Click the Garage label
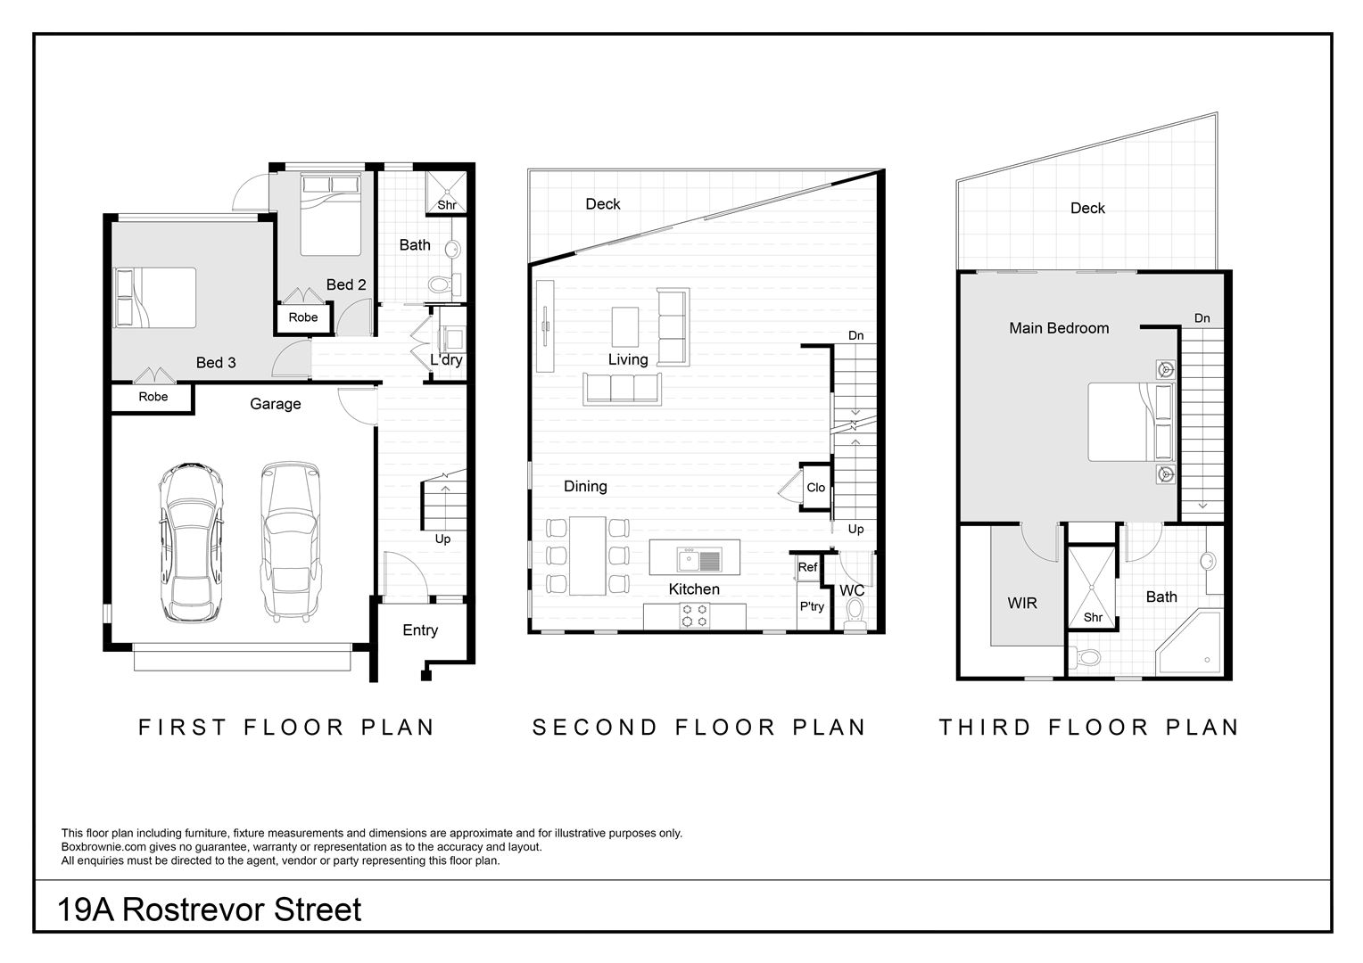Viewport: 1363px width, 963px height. [x=275, y=404]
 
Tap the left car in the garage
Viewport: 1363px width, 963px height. [x=191, y=542]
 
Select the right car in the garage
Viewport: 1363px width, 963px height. [x=290, y=541]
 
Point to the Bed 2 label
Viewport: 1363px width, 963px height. [x=345, y=284]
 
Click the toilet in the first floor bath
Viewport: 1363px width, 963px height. [x=444, y=284]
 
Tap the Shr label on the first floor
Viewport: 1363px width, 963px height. [x=447, y=205]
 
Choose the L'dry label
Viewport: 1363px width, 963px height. [x=446, y=360]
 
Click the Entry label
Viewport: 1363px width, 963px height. [x=420, y=630]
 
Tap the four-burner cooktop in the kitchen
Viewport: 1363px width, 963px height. [x=694, y=615]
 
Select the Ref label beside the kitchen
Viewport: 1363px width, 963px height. [x=807, y=567]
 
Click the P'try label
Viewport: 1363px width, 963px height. [x=812, y=606]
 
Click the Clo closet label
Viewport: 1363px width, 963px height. [x=815, y=487]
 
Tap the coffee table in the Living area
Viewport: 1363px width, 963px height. [x=625, y=326]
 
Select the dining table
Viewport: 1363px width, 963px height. [x=587, y=556]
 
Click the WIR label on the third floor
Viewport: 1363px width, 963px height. [x=1021, y=603]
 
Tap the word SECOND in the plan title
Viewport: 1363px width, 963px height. [x=595, y=728]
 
